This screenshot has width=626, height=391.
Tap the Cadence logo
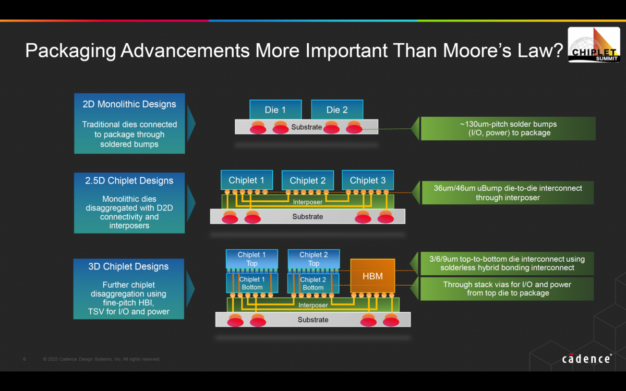coord(586,359)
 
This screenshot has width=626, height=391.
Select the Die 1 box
coord(275,109)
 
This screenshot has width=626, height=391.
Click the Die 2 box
coord(337,109)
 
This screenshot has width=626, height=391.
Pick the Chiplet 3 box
coord(368,180)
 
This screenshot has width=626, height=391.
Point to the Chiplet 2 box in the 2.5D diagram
coord(307,180)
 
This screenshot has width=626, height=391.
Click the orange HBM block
coord(372,276)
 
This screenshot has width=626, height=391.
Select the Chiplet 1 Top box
coord(251,259)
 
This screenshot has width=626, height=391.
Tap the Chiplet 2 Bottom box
coord(313,284)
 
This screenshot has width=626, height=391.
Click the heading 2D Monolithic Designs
coord(129,104)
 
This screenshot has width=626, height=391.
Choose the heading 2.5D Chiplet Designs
coord(129,181)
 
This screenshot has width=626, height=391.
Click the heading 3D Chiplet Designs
coord(129,266)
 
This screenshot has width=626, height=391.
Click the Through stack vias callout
coord(507,289)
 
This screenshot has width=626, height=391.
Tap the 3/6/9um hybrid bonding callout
coord(507,263)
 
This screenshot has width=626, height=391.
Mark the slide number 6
coord(25,359)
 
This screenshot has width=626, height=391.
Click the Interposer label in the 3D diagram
coord(313,305)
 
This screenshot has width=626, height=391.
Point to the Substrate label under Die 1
coord(307,127)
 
